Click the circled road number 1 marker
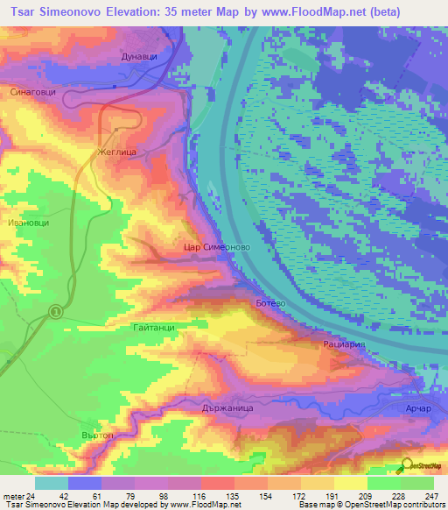(x=56, y=311)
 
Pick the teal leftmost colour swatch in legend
(x=52, y=483)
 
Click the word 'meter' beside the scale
(x=14, y=496)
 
